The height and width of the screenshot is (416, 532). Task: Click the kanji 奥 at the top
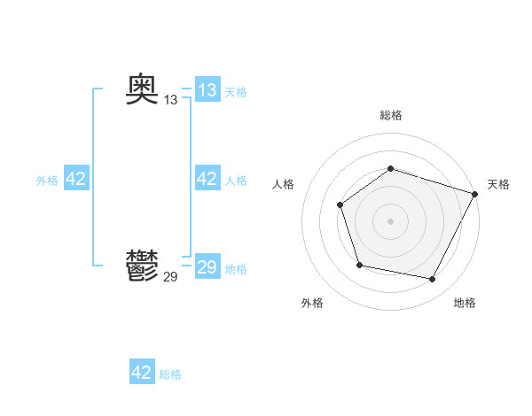click(x=143, y=89)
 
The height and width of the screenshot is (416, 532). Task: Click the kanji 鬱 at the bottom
click(x=143, y=265)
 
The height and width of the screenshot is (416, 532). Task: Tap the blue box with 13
click(x=207, y=90)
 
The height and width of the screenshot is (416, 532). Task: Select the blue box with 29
click(x=207, y=267)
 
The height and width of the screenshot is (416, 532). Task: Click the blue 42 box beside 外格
click(x=76, y=179)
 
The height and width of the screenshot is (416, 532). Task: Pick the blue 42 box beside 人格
click(x=207, y=179)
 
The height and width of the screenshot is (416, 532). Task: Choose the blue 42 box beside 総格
click(x=142, y=373)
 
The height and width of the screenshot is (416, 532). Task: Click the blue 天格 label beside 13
click(x=236, y=92)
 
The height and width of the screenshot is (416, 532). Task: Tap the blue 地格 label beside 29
click(x=236, y=269)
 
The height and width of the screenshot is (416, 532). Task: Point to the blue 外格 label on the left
click(x=47, y=181)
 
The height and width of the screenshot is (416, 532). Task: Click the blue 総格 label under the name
click(x=170, y=374)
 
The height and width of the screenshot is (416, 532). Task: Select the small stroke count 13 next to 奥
click(x=171, y=101)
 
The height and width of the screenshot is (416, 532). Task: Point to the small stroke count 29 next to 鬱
click(x=171, y=277)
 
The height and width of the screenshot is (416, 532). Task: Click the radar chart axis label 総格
click(x=391, y=115)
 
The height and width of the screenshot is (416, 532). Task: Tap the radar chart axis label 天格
click(x=498, y=184)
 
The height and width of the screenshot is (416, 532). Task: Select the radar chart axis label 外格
click(x=312, y=303)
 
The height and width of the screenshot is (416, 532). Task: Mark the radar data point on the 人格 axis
click(x=340, y=205)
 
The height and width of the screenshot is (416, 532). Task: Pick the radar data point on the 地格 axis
click(x=433, y=280)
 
